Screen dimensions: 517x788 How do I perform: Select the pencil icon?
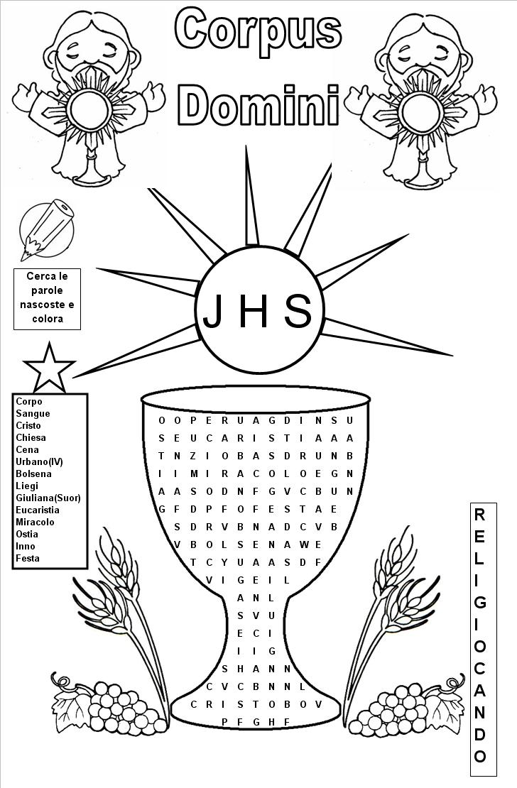click(x=47, y=230)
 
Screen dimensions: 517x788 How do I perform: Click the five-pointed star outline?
click(x=49, y=368)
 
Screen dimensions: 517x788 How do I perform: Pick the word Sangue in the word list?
click(x=33, y=414)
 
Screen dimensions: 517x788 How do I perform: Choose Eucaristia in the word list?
click(x=37, y=510)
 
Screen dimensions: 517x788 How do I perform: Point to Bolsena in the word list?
click(x=33, y=474)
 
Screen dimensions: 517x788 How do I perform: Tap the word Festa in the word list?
click(x=27, y=558)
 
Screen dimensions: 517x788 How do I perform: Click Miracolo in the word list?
click(x=35, y=522)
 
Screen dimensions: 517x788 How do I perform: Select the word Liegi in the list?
click(x=27, y=486)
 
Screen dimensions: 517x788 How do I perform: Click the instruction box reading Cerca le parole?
click(x=48, y=298)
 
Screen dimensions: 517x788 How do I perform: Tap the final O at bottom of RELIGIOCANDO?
click(x=480, y=756)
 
